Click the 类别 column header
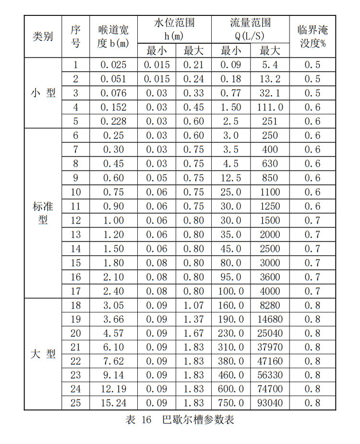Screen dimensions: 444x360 click(43, 37)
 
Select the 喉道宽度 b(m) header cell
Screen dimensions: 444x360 click(113, 37)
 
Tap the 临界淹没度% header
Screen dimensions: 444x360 click(312, 37)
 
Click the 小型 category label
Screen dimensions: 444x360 click(43, 93)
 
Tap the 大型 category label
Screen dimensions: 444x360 click(43, 354)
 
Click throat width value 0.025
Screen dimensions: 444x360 click(113, 65)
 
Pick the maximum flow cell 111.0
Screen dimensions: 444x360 click(270, 107)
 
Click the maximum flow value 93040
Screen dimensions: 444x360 click(270, 403)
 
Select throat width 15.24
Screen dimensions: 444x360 click(113, 403)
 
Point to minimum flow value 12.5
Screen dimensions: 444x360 click(231, 178)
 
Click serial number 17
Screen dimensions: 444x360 click(76, 291)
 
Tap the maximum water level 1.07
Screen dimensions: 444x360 click(193, 305)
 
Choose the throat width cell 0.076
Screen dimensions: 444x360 click(113, 93)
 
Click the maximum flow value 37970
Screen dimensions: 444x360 click(270, 347)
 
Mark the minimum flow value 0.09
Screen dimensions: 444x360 click(231, 65)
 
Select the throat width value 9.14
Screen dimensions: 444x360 click(113, 375)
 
